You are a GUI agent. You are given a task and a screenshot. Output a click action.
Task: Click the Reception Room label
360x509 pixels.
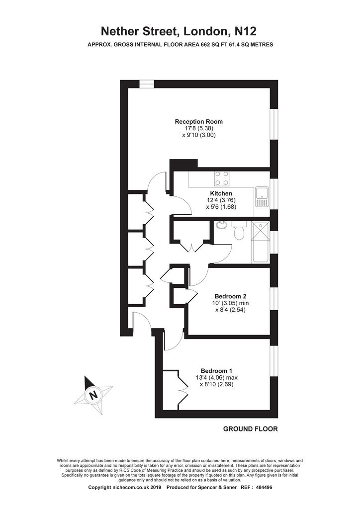tap(199, 122)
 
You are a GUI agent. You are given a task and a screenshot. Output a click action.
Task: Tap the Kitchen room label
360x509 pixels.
tap(221, 193)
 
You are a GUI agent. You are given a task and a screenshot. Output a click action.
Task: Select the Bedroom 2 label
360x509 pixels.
tap(230, 296)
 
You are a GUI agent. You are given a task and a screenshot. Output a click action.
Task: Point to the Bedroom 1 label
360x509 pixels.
tap(216, 371)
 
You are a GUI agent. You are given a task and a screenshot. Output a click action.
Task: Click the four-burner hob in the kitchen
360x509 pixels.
tap(221, 178)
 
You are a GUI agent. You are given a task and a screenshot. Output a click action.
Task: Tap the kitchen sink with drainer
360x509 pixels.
tap(261, 197)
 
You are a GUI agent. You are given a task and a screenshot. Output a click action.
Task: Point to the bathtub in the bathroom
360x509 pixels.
tap(260, 242)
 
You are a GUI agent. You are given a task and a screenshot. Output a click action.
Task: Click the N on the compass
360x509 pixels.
tap(93, 395)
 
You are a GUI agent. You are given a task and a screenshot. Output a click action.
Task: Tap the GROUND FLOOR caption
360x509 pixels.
tap(250, 429)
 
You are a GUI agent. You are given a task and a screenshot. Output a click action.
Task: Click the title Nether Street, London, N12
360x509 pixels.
tap(179, 31)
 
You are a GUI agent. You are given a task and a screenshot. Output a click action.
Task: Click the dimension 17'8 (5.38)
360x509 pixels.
tap(199, 128)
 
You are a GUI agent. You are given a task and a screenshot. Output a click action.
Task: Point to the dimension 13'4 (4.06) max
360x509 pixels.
tap(216, 378)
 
